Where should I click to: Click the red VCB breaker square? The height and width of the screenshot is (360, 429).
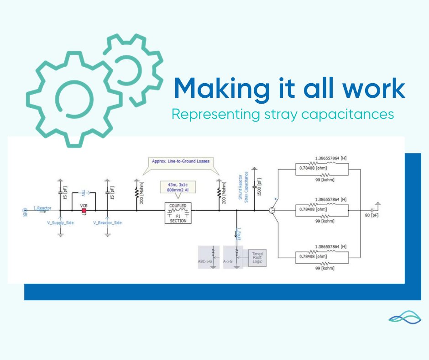tap(84, 211)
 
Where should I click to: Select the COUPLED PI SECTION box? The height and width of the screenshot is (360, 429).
tap(178, 213)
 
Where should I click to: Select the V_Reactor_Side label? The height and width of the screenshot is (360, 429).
tap(107, 222)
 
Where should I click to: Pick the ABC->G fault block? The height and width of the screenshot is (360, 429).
tap(208, 257)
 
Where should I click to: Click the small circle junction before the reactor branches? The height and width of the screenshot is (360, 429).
tap(272, 211)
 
